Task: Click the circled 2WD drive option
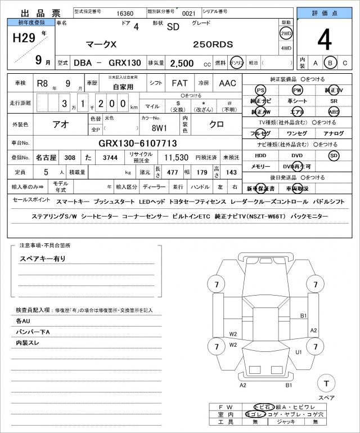tap(286, 33)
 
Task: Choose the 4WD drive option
tap(286, 48)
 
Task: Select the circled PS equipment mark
tap(260, 90)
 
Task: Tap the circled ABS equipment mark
tap(334, 111)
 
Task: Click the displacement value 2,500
tap(182, 64)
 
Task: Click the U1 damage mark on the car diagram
tap(299, 352)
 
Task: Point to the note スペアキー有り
tap(43, 259)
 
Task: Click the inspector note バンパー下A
tap(33, 332)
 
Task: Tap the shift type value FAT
tap(180, 83)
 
